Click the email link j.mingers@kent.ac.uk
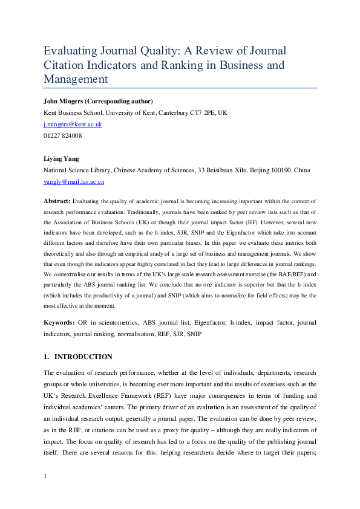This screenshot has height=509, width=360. tap(73, 124)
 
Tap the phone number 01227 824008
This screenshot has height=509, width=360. tap(63, 135)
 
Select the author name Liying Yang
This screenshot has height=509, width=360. tap(62, 159)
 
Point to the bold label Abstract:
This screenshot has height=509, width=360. tap(57, 200)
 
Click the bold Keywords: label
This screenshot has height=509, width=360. tap(60, 323)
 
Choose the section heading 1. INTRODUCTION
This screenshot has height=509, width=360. tap(78, 357)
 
